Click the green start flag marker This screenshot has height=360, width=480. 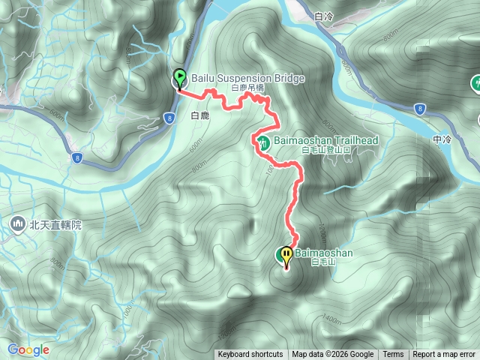(x=180, y=77)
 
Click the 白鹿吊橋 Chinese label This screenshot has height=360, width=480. (x=248, y=88)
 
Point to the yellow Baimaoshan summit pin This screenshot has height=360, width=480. (x=286, y=256)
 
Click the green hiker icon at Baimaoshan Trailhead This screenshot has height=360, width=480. (x=262, y=142)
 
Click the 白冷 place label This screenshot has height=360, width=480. (x=324, y=16)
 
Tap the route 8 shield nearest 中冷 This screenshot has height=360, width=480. (x=419, y=109)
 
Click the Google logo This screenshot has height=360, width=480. (x=28, y=349)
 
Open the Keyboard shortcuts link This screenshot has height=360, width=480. (x=250, y=355)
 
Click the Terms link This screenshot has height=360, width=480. (x=393, y=355)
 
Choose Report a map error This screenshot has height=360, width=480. (x=444, y=355)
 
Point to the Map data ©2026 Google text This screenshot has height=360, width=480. (x=333, y=355)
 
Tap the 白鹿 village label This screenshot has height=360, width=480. (x=199, y=116)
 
